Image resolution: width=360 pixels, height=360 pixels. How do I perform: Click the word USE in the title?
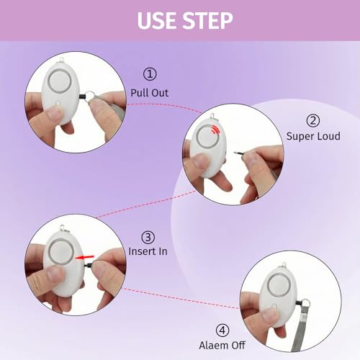tap(157, 21)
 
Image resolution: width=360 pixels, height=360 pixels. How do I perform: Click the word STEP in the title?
tap(208, 21)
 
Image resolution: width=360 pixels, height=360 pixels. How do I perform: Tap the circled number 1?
tap(150, 74)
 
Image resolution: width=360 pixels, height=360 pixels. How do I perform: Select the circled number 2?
tap(313, 121)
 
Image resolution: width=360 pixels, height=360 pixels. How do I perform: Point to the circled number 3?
tap(148, 237)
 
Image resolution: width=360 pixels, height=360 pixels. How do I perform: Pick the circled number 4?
tap(222, 330)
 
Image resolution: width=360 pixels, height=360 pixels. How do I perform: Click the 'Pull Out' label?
tap(149, 93)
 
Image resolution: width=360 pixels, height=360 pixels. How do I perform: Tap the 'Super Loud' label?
tap(313, 136)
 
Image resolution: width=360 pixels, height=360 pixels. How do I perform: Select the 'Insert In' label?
tap(148, 251)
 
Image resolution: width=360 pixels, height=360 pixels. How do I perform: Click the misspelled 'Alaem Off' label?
tap(222, 346)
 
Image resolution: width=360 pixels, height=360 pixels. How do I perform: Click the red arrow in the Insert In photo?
tap(84, 257)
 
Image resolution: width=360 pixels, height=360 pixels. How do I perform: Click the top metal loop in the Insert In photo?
tap(63, 228)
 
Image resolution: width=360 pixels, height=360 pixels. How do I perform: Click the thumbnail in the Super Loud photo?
tap(201, 161)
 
